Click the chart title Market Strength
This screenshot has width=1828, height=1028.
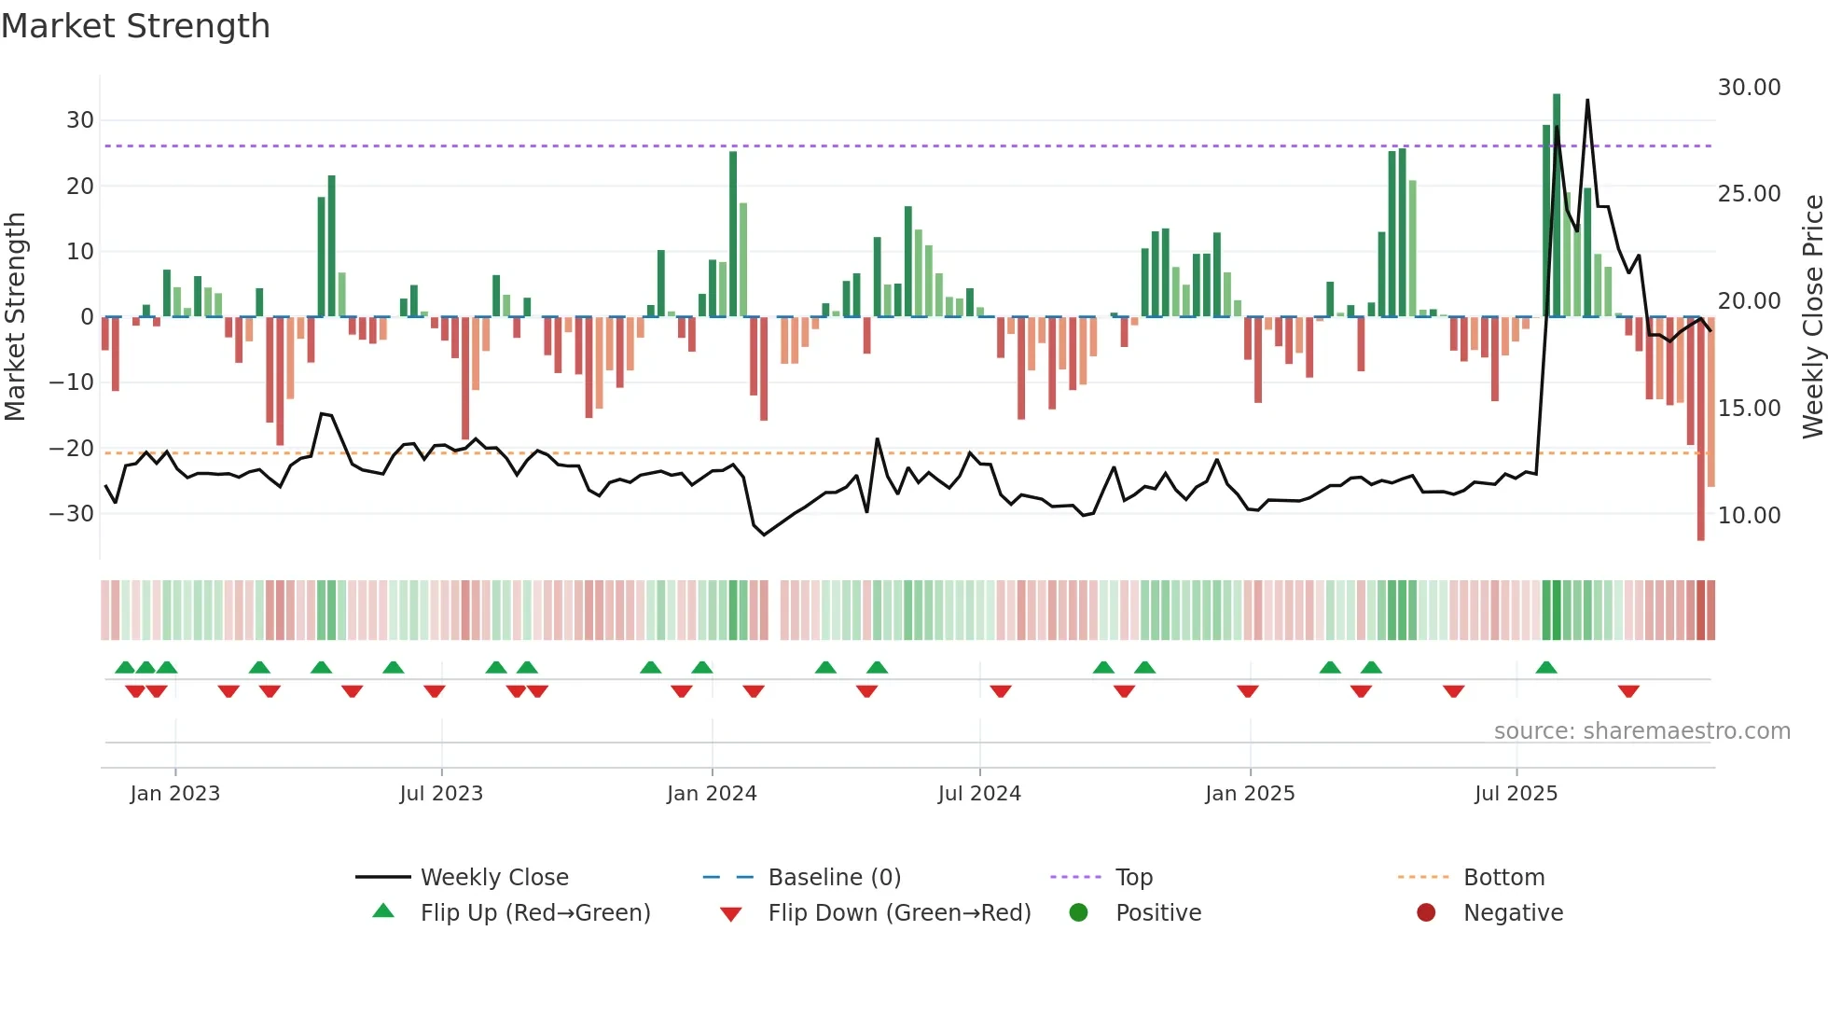point(135,26)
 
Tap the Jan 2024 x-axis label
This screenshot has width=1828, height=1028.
point(712,794)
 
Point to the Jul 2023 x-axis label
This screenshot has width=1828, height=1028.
point(441,794)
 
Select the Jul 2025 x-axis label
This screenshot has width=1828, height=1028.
point(1516,794)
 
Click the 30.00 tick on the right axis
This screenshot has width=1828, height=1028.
point(1749,88)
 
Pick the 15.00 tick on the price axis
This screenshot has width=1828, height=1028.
point(1749,409)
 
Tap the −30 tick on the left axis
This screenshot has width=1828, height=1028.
point(71,514)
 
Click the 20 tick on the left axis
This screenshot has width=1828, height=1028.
point(79,187)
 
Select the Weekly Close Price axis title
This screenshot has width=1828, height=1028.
point(1812,317)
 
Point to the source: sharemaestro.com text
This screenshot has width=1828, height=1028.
point(1641,731)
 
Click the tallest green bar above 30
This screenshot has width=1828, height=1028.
point(1557,205)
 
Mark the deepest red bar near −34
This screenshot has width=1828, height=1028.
point(1700,429)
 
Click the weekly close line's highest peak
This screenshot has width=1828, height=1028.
point(1587,101)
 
